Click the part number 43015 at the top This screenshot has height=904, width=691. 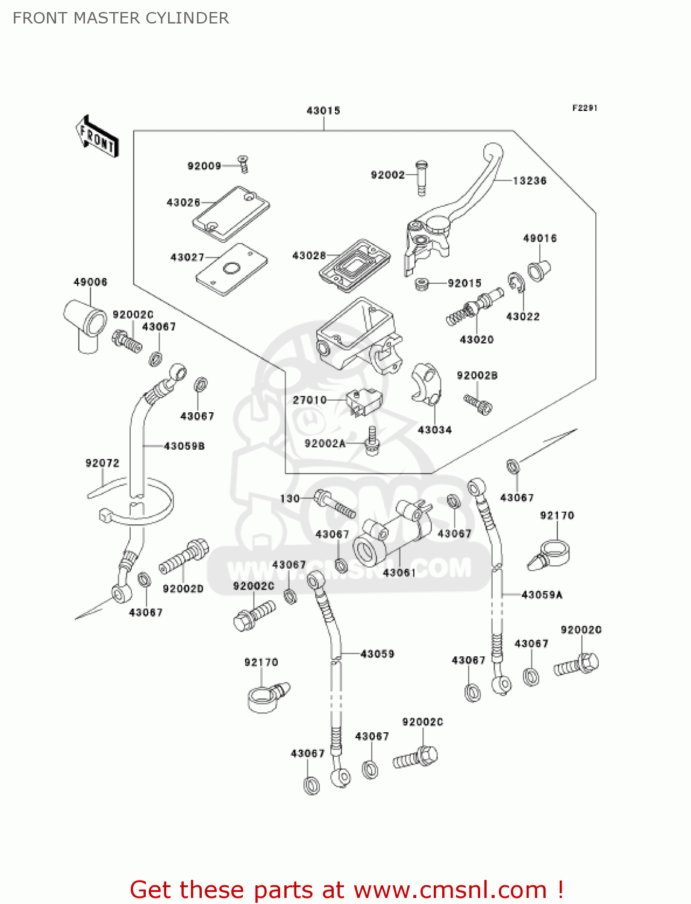[324, 111]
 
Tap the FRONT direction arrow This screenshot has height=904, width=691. [97, 137]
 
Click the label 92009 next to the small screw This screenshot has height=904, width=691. [204, 166]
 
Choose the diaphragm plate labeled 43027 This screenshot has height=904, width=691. [231, 269]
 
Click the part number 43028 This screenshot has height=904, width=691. [308, 256]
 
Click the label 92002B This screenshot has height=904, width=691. [477, 375]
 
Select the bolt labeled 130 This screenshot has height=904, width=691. [335, 506]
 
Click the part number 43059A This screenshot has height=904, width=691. [542, 595]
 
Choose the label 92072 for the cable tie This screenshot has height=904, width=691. [102, 463]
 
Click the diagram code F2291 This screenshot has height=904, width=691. [584, 108]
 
